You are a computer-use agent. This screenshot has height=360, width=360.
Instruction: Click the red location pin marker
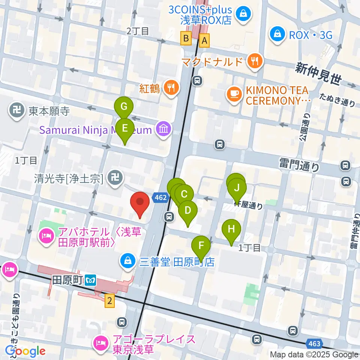point(140,203)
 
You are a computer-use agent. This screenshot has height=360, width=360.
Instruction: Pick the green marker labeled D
point(188,211)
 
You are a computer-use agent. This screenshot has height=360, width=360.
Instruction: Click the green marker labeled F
point(201,246)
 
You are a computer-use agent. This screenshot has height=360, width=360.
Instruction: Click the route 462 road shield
point(160,198)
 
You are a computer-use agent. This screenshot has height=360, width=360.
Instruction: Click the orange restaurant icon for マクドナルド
point(255,61)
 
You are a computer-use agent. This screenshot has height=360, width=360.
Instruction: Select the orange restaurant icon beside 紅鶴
point(171,88)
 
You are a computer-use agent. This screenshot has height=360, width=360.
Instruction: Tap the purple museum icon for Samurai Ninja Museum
point(164,130)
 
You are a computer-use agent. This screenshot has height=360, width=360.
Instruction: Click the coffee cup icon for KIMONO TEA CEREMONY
point(235,94)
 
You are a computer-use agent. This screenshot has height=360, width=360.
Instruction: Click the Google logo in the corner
point(25,351)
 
